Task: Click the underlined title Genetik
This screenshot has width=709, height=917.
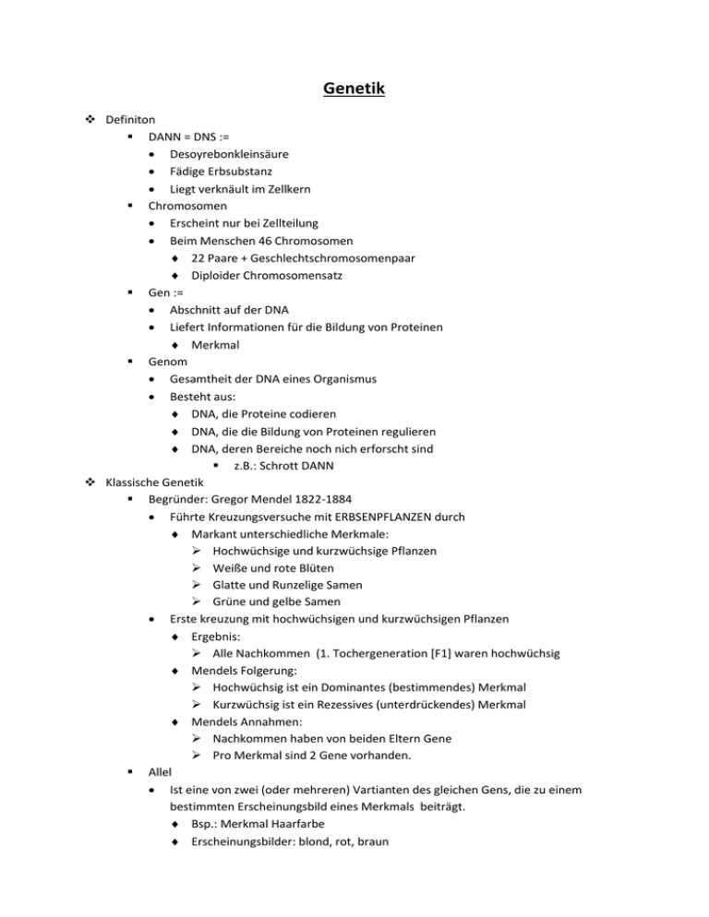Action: click(354, 89)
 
